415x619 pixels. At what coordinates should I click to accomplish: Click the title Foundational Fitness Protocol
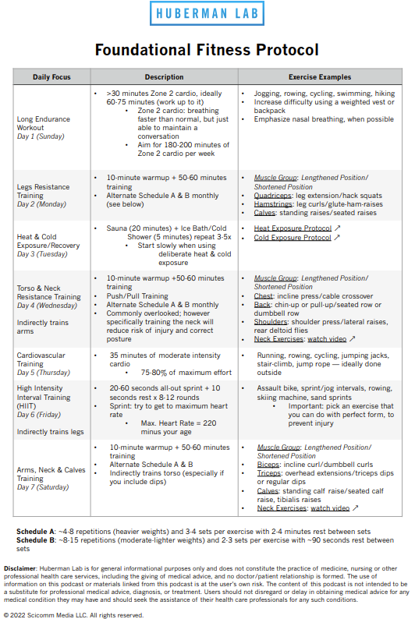[207, 51]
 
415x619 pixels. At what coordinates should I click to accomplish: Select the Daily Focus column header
[52, 77]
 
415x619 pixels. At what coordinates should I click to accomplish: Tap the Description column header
[165, 77]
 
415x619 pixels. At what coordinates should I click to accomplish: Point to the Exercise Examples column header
[320, 77]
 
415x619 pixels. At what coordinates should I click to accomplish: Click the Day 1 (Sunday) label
[40, 136]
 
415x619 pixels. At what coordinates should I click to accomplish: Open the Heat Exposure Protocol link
[293, 228]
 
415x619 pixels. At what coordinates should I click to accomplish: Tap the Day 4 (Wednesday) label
[47, 305]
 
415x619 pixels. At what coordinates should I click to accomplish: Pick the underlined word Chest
[264, 295]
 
